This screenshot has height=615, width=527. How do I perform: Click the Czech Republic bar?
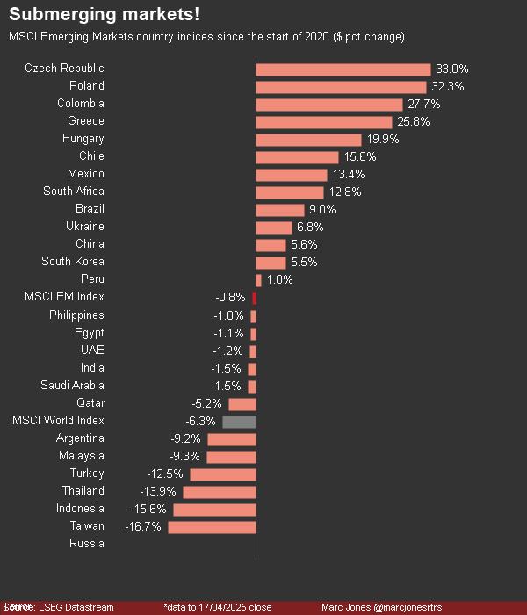coord(343,69)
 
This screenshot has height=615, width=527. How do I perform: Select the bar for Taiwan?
coord(212,526)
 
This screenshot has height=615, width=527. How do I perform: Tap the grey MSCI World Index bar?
coord(239,421)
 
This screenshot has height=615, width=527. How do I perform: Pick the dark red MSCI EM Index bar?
coord(254,298)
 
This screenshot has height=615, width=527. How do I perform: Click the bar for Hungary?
coord(308,139)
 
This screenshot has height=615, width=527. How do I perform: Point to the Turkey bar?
coord(222,474)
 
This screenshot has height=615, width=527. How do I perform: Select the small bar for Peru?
coord(258,280)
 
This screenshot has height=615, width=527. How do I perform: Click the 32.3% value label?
coord(447,86)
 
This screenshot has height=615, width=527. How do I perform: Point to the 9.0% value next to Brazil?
coord(321,209)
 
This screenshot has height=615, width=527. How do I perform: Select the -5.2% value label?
coord(206,403)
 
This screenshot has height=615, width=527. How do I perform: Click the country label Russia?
coord(86,544)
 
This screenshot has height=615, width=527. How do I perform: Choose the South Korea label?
coord(73,262)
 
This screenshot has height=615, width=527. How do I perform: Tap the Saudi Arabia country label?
coord(72,386)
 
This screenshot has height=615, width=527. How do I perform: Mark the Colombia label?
coord(81,104)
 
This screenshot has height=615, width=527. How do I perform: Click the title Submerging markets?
coord(104,15)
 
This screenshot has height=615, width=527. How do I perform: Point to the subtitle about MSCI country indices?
coord(206,37)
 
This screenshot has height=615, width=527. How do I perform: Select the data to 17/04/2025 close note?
coord(218,607)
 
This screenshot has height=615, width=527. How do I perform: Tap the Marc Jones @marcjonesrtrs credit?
coord(381,607)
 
